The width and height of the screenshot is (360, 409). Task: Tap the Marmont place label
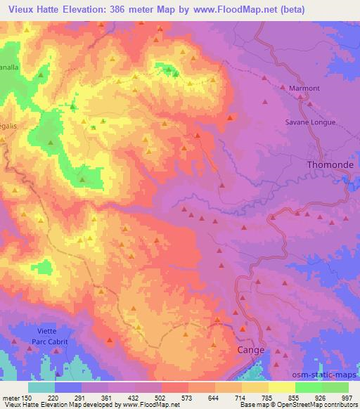tap(304, 88)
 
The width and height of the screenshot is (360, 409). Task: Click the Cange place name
tap(251, 349)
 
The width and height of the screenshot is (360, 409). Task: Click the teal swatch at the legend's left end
tap(41, 387)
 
